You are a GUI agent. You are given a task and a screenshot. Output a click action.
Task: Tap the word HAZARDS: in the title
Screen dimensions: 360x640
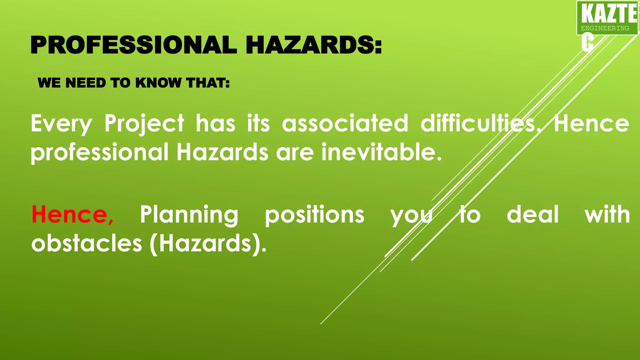coord(314,45)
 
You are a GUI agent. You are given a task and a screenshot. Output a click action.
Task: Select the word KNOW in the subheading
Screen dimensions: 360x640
coord(158,83)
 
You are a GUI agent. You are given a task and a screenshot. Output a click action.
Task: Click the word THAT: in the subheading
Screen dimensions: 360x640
coord(207,83)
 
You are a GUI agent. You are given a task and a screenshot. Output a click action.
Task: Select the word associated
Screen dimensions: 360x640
coord(345,123)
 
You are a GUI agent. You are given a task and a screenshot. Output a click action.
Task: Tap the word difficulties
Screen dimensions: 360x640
coord(478,123)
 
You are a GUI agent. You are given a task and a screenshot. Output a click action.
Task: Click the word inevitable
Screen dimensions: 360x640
coord(381,152)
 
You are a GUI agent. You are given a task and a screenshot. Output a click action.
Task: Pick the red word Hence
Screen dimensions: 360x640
coord(72,215)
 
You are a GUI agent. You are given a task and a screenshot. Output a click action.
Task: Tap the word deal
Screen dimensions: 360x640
coord(532,215)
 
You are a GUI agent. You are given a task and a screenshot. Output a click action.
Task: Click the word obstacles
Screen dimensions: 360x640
coord(87,243)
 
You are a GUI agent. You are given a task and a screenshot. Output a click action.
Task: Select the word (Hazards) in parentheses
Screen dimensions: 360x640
coord(207,244)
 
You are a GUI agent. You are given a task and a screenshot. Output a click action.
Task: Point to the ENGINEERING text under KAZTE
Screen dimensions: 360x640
coord(605,28)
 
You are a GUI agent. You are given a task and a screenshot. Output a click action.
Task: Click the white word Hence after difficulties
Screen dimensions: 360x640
coord(591,124)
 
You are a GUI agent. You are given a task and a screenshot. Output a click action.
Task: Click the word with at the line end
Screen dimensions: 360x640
coord(607,215)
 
